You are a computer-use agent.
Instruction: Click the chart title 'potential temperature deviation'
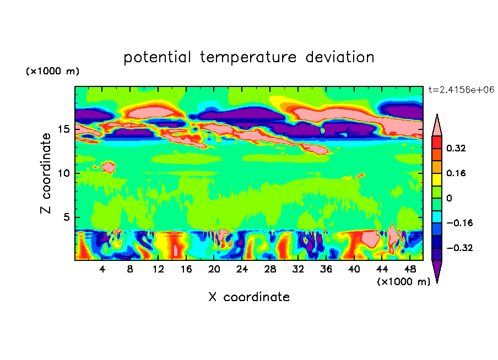pyautogui.click(x=249, y=57)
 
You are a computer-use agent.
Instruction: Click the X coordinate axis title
pyautogui.click(x=249, y=297)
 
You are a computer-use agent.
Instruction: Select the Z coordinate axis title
pyautogui.click(x=47, y=173)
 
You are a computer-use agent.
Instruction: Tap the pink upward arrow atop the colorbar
pyautogui.click(x=436, y=126)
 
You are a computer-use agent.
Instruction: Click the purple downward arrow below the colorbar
pyautogui.click(x=436, y=271)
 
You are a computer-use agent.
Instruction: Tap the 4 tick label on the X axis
pyautogui.click(x=102, y=270)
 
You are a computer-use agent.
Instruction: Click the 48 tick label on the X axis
pyautogui.click(x=409, y=270)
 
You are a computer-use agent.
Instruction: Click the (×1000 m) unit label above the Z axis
pyautogui.click(x=52, y=72)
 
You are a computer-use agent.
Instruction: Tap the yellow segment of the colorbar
pyautogui.click(x=436, y=179)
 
